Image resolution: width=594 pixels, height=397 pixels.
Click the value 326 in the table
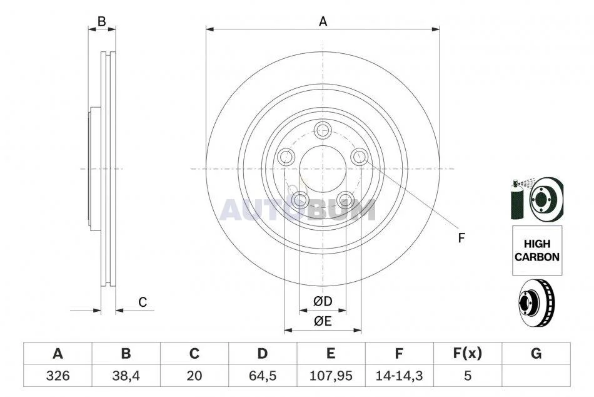tap(58, 375)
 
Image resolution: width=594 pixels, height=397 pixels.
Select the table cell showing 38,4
tap(126, 375)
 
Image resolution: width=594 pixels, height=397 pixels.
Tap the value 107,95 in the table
tap(331, 375)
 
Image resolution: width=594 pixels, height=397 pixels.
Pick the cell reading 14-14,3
tap(399, 375)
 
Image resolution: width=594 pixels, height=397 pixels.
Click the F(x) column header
tap(468, 353)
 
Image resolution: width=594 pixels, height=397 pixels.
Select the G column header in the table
tap(536, 353)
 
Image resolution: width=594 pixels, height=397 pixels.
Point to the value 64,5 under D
tap(263, 375)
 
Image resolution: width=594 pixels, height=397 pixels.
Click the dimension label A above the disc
tap(323, 21)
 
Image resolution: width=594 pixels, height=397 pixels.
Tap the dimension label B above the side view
tap(101, 21)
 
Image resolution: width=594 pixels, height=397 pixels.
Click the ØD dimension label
tap(323, 301)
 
